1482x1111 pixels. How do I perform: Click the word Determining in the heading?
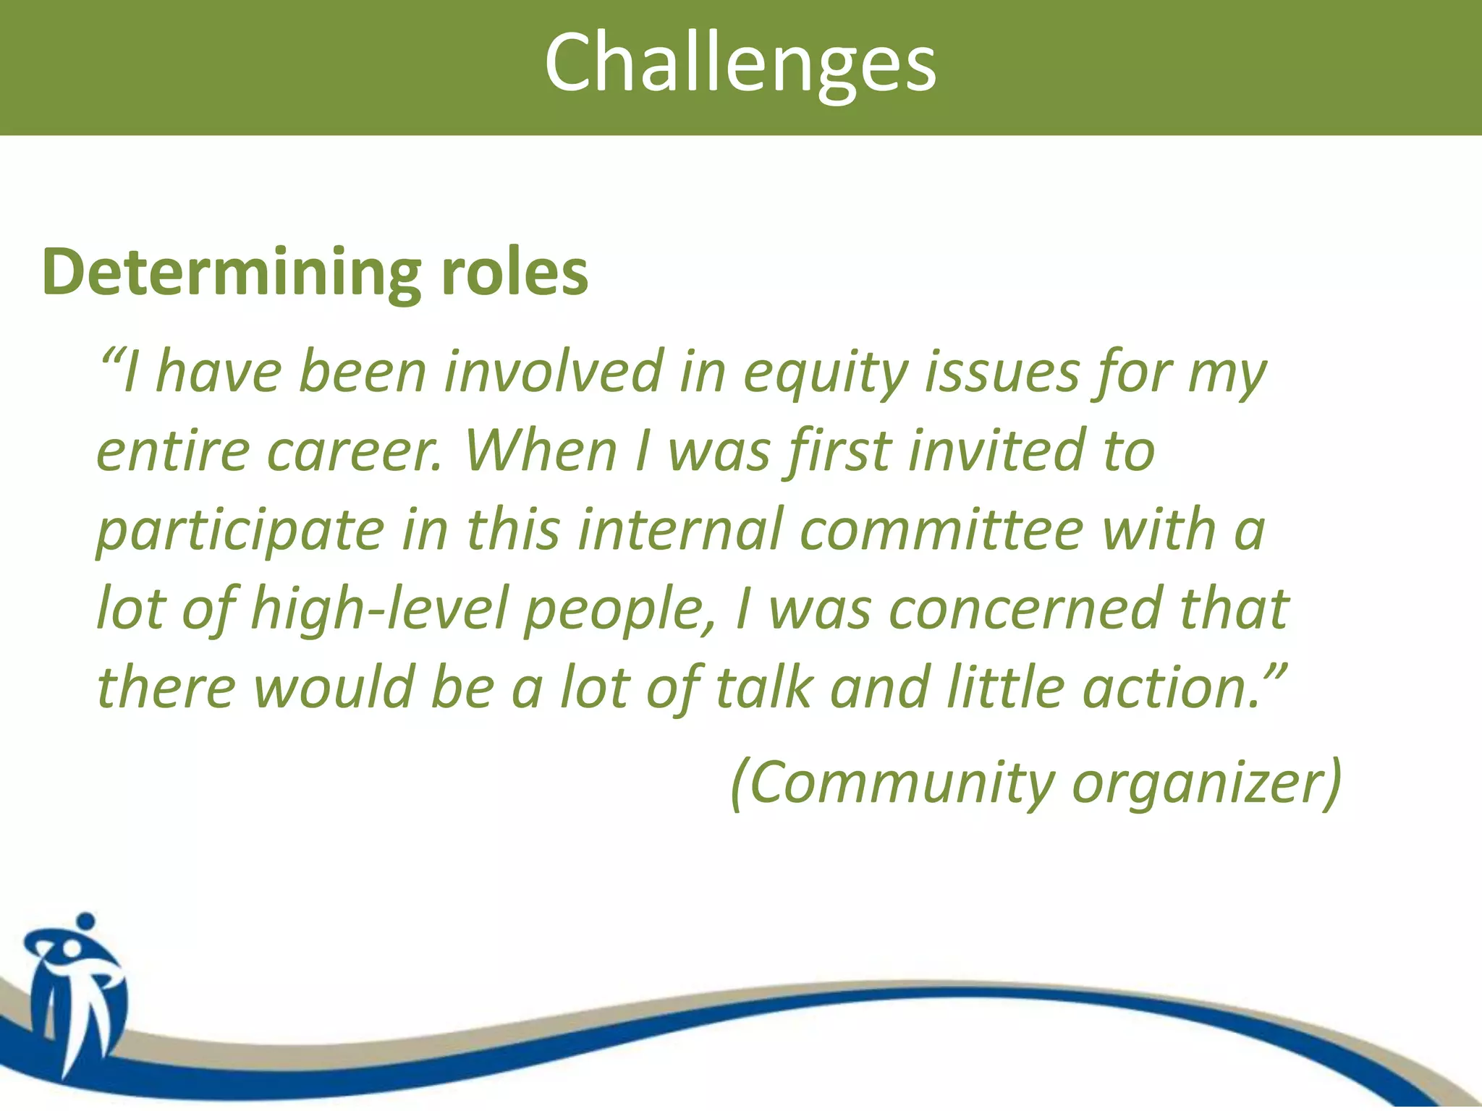[x=231, y=273]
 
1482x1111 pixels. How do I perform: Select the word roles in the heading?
[x=515, y=273]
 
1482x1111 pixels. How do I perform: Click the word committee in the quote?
[x=941, y=530]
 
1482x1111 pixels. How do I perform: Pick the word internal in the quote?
[x=679, y=530]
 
